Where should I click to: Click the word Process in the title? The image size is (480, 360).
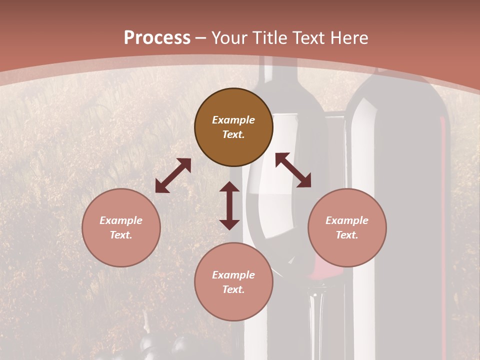[157, 38]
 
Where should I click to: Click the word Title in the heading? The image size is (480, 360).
[270, 38]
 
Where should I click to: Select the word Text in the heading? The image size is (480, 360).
[307, 38]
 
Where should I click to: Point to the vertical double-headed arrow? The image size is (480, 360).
[229, 205]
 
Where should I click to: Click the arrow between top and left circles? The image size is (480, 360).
[173, 175]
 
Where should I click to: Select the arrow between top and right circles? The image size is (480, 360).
[293, 170]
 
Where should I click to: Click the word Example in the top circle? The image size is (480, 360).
[233, 120]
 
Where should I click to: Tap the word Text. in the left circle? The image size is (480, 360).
[121, 235]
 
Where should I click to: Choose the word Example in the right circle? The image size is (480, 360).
[347, 220]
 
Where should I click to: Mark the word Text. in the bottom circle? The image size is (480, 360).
[233, 289]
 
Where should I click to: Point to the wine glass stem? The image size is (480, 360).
[316, 320]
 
